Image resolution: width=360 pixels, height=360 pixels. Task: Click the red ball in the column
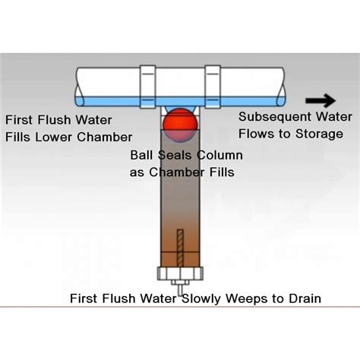tap(180, 125)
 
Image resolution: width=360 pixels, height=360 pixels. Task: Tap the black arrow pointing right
tap(321, 100)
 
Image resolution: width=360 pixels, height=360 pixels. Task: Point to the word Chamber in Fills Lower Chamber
tap(104, 137)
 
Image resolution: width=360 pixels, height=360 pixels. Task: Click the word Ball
tap(141, 155)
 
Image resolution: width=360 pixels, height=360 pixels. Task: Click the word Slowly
tap(201, 299)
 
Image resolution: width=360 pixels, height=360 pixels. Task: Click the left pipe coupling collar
tap(148, 87)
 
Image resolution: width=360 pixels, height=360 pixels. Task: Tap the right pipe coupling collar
tap(213, 87)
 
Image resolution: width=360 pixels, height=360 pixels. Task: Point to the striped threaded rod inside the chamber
tap(180, 248)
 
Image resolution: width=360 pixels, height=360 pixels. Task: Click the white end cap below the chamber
tap(180, 273)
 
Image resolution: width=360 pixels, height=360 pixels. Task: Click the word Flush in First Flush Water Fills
tap(55, 120)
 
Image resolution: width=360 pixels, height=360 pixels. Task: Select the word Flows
tap(257, 134)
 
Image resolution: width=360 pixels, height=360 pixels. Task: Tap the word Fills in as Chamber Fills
tap(222, 172)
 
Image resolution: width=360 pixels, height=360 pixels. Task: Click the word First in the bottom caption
tap(84, 298)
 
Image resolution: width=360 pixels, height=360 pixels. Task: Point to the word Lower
tap(54, 137)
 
